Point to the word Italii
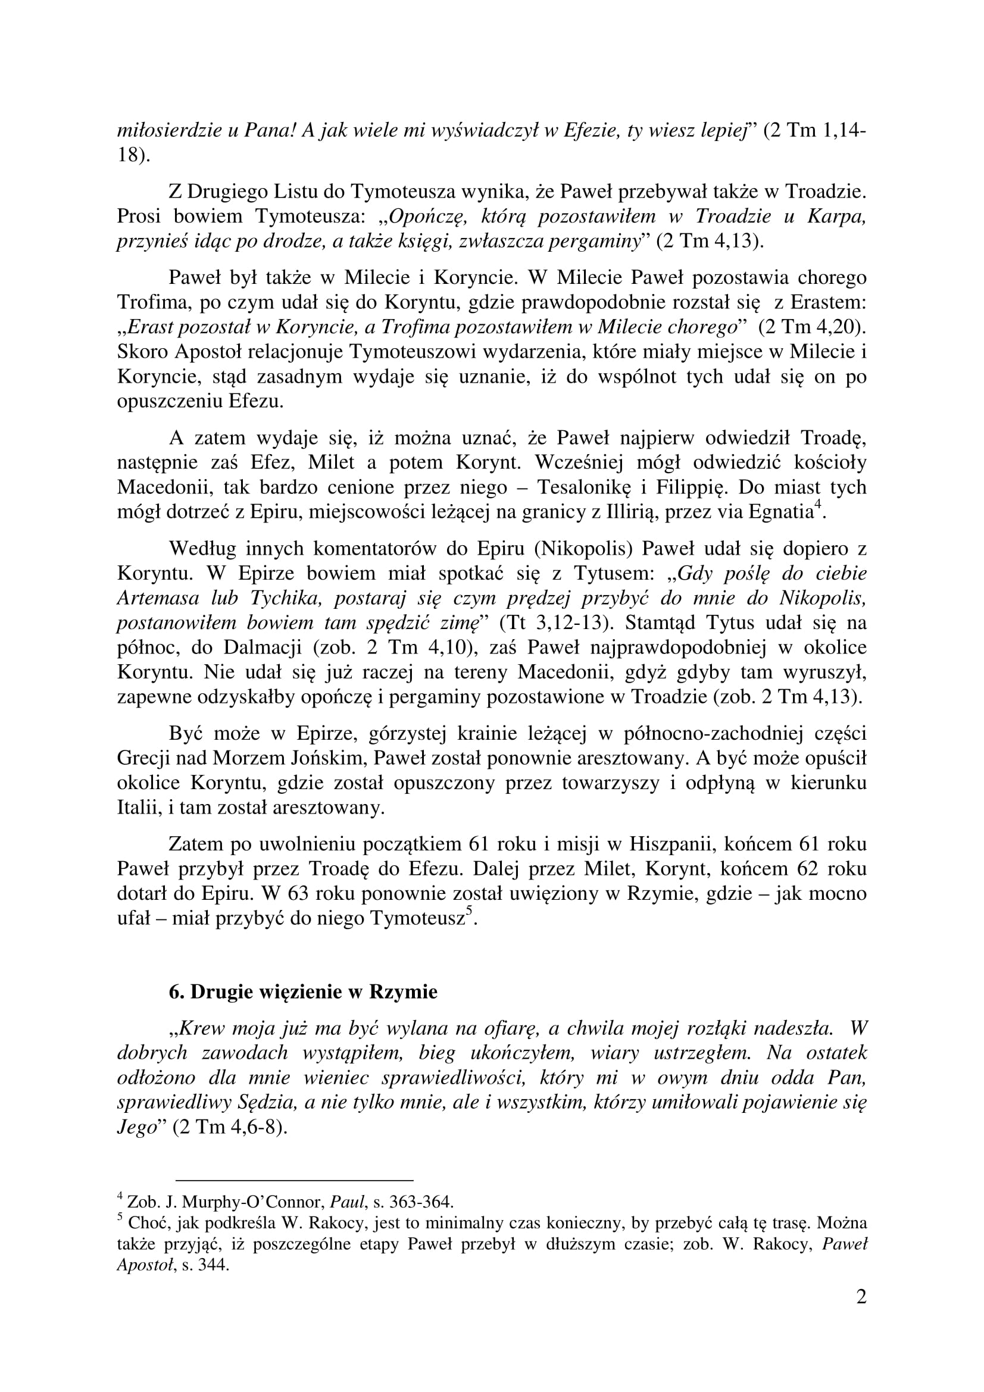[137, 808]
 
